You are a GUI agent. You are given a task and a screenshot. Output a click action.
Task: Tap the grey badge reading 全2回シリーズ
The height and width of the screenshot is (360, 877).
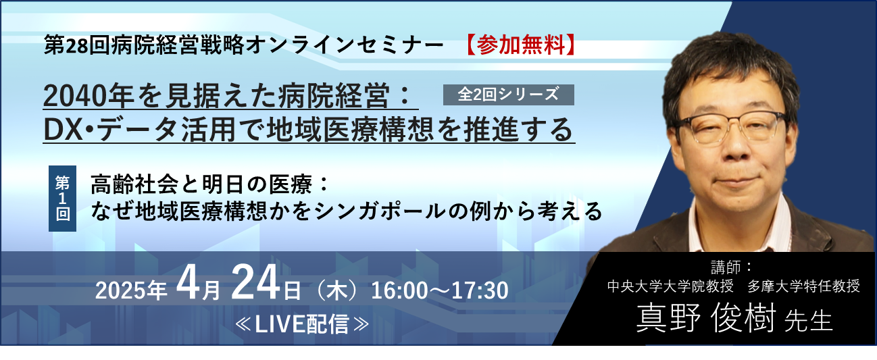point(509,95)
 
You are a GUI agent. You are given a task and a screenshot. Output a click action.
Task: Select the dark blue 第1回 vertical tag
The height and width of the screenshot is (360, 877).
point(63,199)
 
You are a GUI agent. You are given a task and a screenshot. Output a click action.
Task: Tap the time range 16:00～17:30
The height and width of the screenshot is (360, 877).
point(440,290)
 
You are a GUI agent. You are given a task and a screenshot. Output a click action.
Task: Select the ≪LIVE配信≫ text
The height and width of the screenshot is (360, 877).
point(302,324)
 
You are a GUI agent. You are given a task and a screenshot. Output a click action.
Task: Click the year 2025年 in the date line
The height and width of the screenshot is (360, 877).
point(131,290)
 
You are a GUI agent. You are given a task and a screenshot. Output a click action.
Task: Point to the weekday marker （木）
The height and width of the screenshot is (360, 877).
point(336,290)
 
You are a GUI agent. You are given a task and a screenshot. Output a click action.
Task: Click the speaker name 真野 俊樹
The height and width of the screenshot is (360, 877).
point(705,318)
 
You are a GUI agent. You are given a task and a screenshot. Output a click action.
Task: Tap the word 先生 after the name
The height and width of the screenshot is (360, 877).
point(809,321)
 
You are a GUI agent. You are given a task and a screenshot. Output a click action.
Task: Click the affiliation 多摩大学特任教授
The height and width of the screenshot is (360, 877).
point(803,286)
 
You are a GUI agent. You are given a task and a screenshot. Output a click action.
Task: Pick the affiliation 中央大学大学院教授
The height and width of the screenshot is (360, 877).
point(670,286)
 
